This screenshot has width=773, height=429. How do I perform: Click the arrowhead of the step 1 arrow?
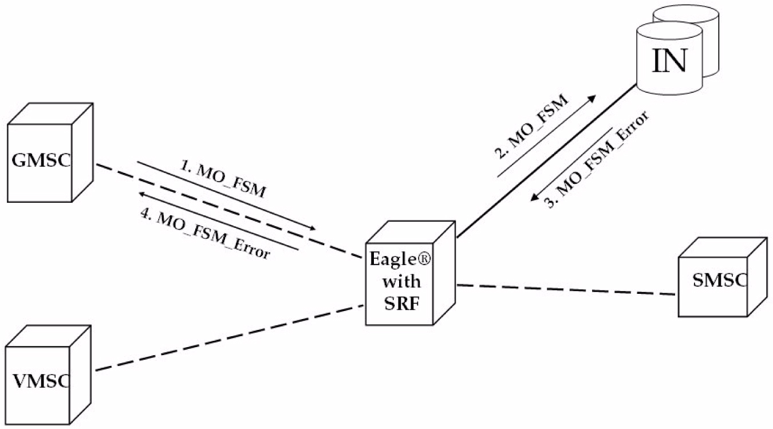coord(313,229)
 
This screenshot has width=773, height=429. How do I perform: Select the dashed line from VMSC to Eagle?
coord(229,339)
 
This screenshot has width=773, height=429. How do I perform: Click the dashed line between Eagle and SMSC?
coord(567,290)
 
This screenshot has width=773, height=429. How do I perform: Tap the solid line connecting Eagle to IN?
coord(547,161)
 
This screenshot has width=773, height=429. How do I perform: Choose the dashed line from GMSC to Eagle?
coord(229,211)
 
